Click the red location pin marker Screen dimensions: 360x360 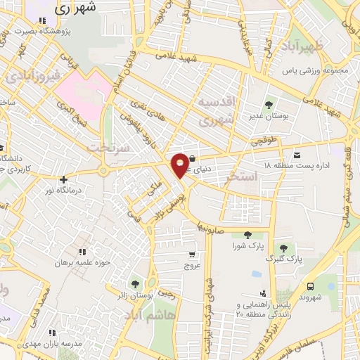(x=181, y=164)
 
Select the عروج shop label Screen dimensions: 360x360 (x=192, y=266)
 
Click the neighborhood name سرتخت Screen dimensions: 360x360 (x=105, y=148)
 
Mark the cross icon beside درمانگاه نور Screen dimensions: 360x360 (x=63, y=179)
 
